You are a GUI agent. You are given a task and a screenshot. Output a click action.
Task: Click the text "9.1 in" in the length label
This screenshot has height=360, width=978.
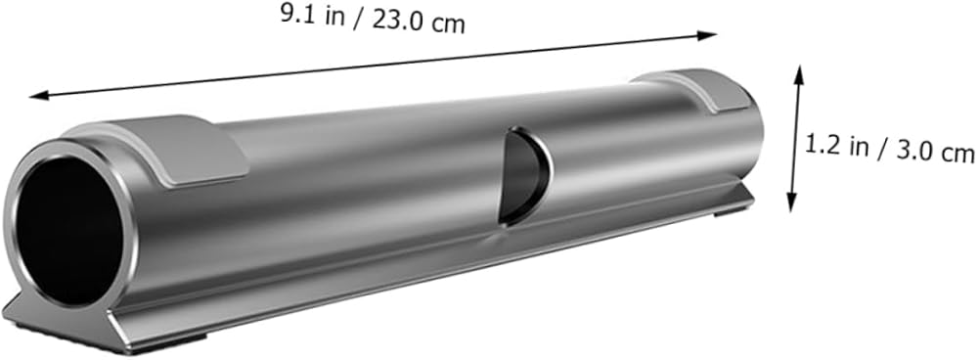[313, 16]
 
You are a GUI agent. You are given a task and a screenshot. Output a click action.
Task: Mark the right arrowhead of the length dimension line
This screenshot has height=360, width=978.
[707, 35]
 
